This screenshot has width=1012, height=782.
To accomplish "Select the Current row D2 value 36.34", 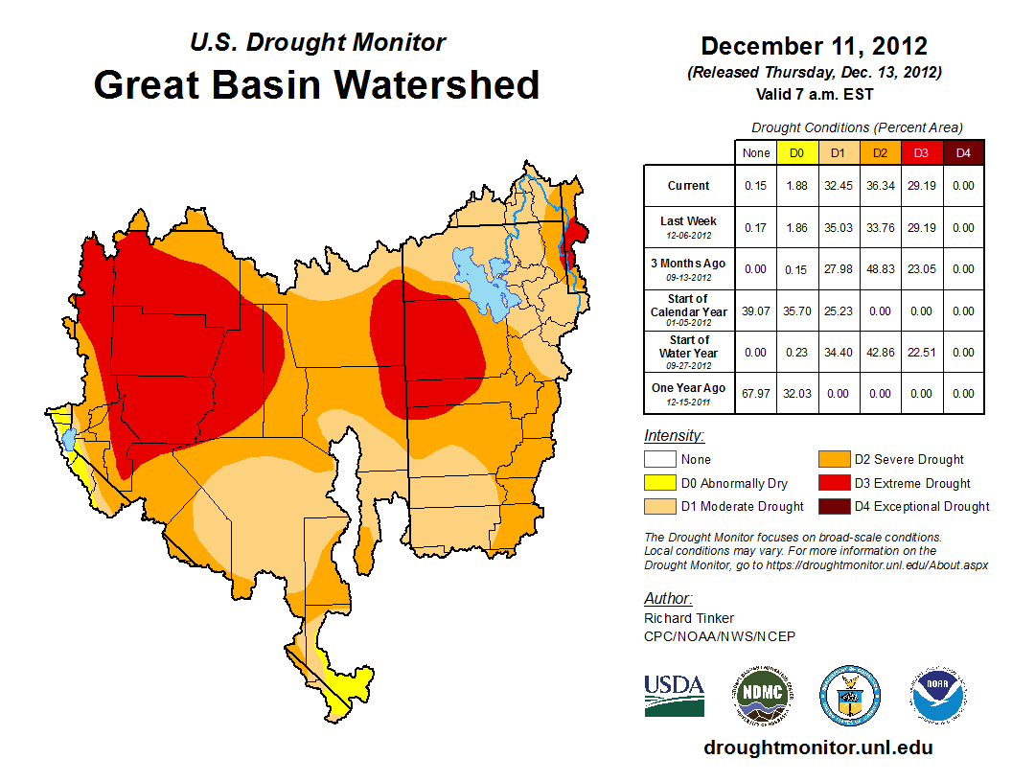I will pyautogui.click(x=881, y=186).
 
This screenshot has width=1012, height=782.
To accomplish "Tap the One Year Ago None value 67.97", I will pyautogui.click(x=755, y=394).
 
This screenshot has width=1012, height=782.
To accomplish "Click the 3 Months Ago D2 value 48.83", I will pyautogui.click(x=881, y=269).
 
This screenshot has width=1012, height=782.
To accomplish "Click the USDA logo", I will pyautogui.click(x=674, y=695).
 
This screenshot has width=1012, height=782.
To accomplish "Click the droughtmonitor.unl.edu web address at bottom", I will pyautogui.click(x=817, y=747).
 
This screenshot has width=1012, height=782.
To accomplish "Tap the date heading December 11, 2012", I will pyautogui.click(x=814, y=46).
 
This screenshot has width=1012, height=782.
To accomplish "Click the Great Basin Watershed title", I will pyautogui.click(x=316, y=84).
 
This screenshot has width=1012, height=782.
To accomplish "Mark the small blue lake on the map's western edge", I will pyautogui.click(x=69, y=440).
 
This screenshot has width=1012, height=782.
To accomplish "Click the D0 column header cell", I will pyautogui.click(x=796, y=152).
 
